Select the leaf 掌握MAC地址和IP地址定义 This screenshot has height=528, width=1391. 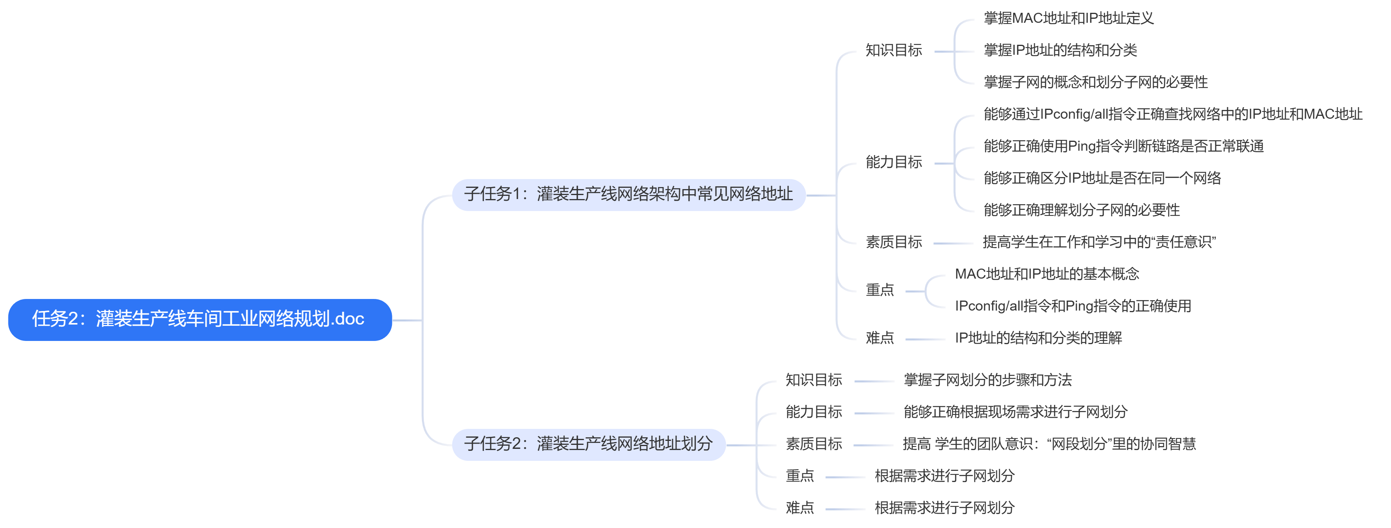click(1068, 18)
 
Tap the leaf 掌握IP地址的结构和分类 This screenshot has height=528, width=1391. click(1060, 50)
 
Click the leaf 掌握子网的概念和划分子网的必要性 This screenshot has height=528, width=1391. click(1095, 82)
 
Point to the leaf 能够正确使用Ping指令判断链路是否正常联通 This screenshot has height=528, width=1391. click(1123, 146)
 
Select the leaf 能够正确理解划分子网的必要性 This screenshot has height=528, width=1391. click(1081, 210)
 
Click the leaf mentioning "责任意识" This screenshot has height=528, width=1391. click(1099, 242)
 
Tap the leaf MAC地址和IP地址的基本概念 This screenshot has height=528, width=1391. click(1047, 274)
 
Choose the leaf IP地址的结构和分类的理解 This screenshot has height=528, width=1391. click(1038, 339)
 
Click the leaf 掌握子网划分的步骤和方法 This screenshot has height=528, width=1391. click(987, 380)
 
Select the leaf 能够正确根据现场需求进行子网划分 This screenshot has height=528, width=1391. click(1015, 412)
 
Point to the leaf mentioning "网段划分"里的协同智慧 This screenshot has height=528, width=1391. click(1049, 444)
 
